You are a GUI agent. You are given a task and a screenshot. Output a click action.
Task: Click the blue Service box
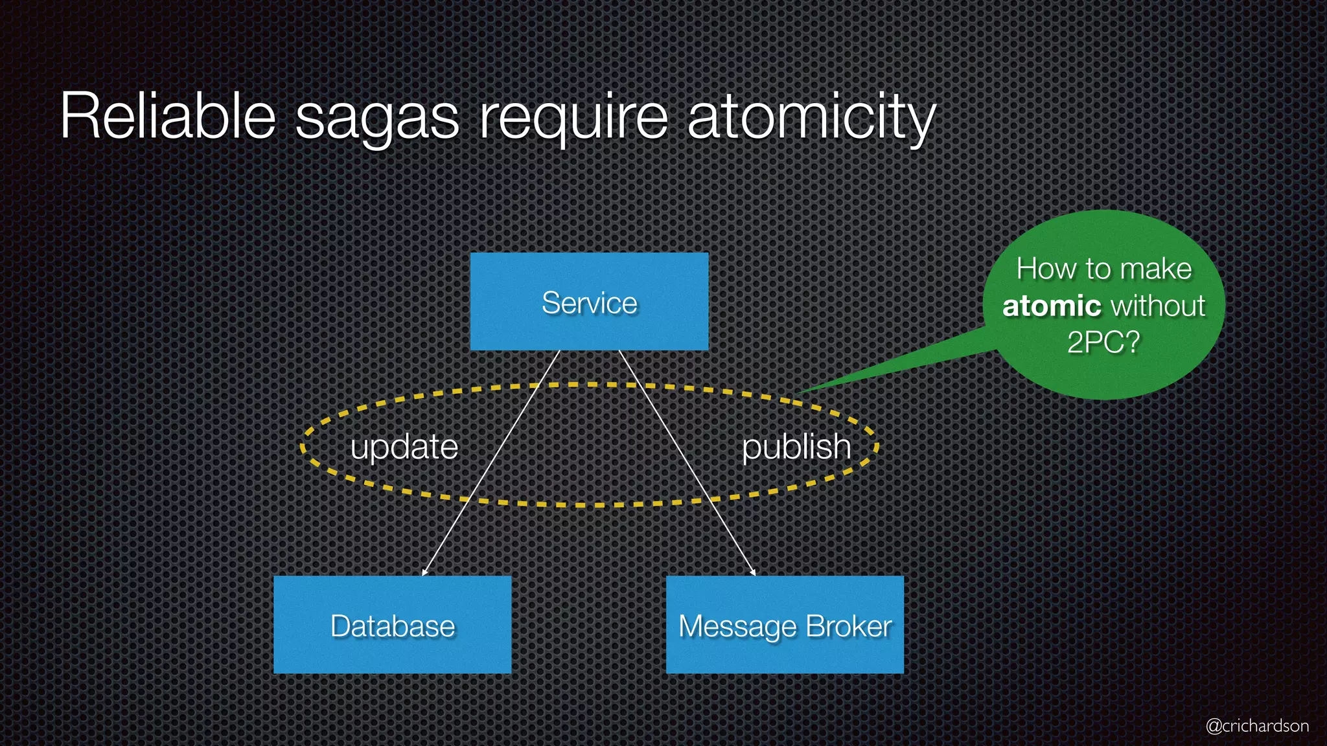coord(589,302)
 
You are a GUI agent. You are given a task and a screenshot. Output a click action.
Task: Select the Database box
coord(392,625)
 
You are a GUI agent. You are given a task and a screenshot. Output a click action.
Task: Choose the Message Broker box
coord(785,625)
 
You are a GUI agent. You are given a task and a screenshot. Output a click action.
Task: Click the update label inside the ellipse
coord(404,447)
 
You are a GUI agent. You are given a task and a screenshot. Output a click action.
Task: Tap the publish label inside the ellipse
coord(796,447)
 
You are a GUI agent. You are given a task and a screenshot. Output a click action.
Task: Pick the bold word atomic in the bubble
coord(1052,306)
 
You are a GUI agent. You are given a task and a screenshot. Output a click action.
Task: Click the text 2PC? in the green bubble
coord(1103,342)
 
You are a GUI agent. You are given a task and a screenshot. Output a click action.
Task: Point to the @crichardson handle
coord(1256,725)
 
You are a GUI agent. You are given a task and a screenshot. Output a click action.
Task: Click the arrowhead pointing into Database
coord(424,572)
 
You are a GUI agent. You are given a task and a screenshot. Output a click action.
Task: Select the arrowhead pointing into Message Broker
coord(754,572)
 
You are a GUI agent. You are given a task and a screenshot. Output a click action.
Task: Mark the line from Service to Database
coord(490,463)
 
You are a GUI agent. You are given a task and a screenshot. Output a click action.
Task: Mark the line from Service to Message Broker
coord(687,463)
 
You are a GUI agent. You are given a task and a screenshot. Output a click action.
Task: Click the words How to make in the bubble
coord(1103,269)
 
